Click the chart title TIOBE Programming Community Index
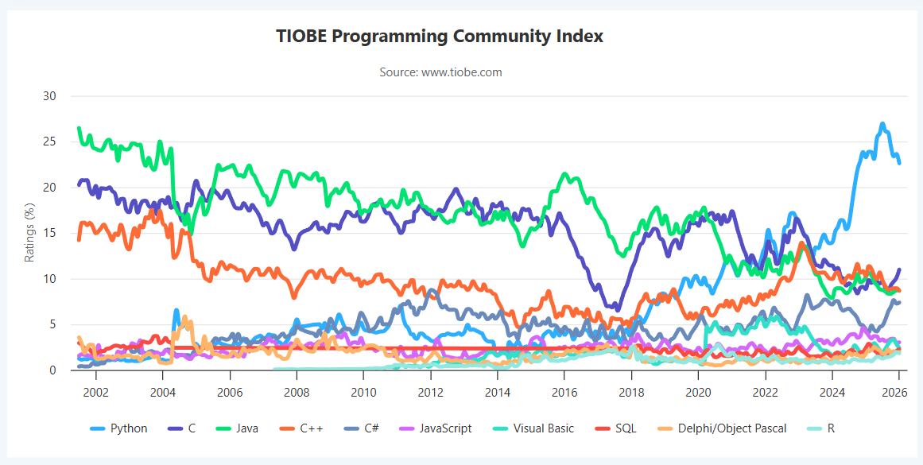pos(440,36)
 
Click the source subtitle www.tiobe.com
pos(440,72)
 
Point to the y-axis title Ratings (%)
pos(29,233)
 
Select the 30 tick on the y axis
pos(50,96)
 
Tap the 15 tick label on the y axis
pos(50,234)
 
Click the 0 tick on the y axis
pos(53,370)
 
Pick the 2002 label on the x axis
pos(96,392)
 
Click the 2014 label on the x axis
pos(498,392)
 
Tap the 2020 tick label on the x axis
pos(698,392)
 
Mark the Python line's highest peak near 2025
pos(882,124)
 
